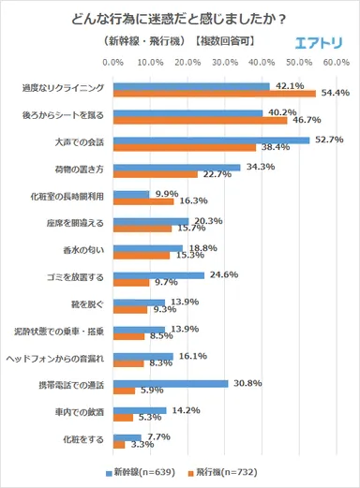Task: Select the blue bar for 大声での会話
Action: (211, 140)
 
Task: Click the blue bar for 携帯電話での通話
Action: (170, 384)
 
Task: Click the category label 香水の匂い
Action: (87, 251)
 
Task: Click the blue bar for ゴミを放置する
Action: (157, 275)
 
